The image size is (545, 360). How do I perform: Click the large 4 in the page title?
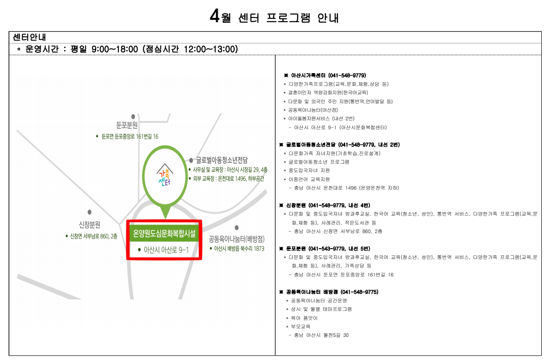click(215, 16)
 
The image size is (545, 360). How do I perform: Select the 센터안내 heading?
click(29, 37)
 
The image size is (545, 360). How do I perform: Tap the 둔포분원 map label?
click(127, 125)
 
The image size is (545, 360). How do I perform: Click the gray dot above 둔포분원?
click(133, 117)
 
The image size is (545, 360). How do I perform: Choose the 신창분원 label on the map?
click(89, 225)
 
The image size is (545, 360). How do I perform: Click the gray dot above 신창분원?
click(89, 212)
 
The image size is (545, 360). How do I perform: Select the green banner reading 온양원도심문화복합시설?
click(164, 233)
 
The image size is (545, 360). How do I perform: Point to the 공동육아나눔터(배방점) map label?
click(237, 239)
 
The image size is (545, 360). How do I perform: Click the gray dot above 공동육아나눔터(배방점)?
click(237, 227)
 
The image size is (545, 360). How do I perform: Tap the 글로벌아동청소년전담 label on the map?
click(222, 160)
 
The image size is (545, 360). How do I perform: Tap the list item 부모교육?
click(301, 327)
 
